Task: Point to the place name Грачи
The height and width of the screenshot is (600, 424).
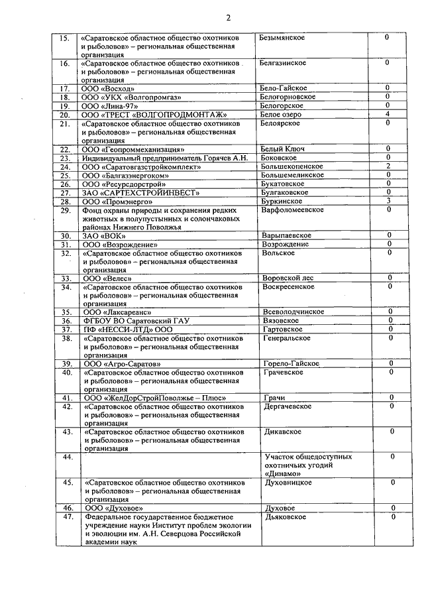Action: click(x=274, y=398)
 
